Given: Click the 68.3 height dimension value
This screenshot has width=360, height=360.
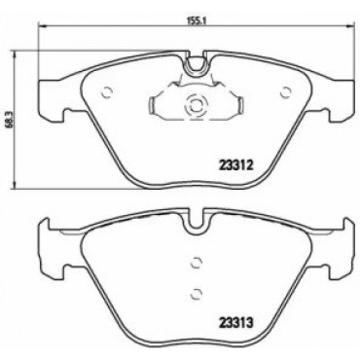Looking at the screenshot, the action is (x=10, y=120).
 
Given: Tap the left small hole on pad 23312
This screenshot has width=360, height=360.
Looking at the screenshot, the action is (x=107, y=92).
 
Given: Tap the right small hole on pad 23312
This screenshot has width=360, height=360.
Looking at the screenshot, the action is (x=286, y=92).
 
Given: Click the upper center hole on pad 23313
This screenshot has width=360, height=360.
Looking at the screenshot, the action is (x=196, y=262).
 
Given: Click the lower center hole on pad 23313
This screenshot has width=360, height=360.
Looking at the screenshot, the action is (x=196, y=293).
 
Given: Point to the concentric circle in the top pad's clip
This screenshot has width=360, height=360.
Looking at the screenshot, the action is (x=196, y=105).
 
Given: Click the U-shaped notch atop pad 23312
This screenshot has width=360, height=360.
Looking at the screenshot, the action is (x=196, y=65).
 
